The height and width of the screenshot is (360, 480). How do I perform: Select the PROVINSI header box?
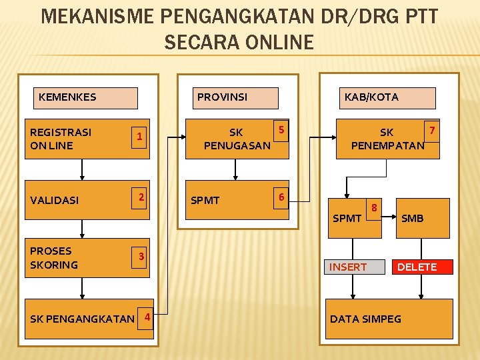click(235, 98)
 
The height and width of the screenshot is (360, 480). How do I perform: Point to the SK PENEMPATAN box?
click(388, 139)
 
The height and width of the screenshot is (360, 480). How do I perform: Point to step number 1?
click(139, 137)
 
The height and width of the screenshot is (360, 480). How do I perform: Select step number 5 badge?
click(281, 129)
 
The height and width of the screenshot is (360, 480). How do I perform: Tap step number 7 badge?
click(432, 129)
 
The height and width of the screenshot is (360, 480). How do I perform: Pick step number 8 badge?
click(375, 207)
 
